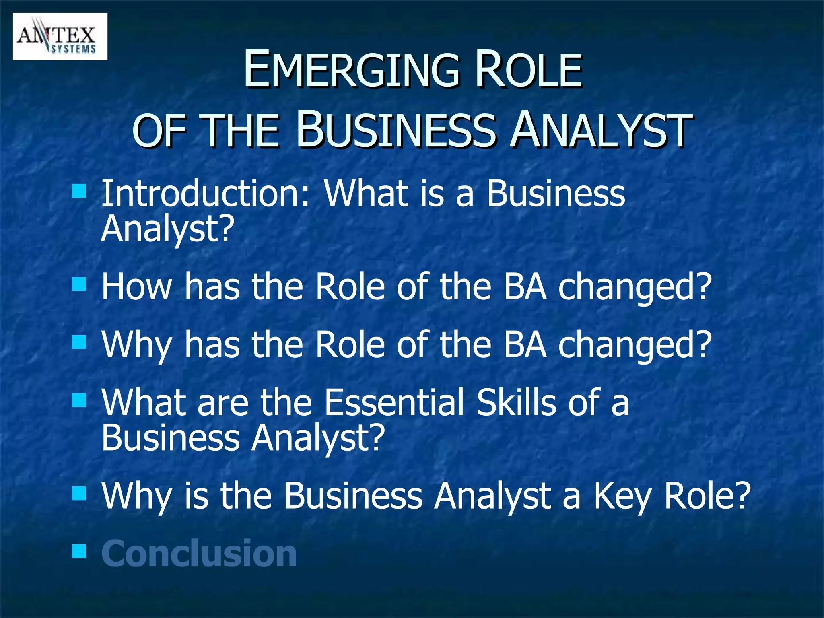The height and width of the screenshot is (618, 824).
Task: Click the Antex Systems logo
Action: [x=60, y=37]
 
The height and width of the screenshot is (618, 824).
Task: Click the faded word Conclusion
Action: [x=199, y=554]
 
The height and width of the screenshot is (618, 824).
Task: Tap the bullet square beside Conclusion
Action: [x=79, y=551]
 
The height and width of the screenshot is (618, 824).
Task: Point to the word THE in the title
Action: [x=241, y=131]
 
